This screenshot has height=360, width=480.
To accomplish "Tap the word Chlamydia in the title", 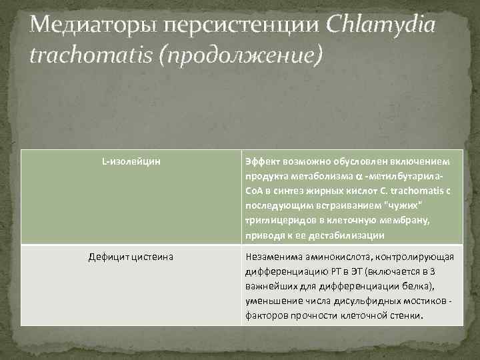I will click(381, 26).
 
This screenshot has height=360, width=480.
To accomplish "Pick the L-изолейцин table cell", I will click(131, 162).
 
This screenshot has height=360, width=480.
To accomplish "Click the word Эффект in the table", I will click(262, 162).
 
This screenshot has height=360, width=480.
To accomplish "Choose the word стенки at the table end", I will click(405, 317).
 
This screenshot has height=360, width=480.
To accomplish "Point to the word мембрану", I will click(421, 221).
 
